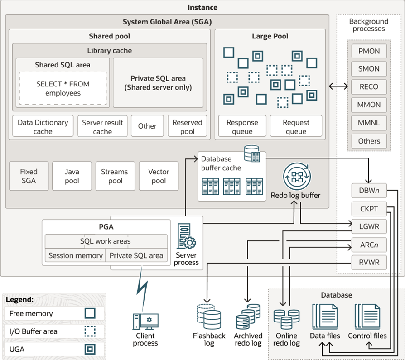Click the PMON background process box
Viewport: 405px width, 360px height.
coord(369,51)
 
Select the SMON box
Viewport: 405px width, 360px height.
coord(369,69)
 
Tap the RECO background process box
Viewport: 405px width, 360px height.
coord(369,87)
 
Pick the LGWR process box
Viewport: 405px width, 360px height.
coord(369,226)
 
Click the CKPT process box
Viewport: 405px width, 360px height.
coord(369,209)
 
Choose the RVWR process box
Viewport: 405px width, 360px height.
coord(369,262)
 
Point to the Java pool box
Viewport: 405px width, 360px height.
coord(72,176)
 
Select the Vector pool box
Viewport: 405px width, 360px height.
coord(159,176)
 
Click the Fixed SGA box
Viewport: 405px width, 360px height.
coord(29,176)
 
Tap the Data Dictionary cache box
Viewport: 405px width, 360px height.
coord(43,126)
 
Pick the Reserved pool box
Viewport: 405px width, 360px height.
coord(187,126)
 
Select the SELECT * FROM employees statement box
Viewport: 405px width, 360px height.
coord(63,88)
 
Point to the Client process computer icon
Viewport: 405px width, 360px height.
coord(145,321)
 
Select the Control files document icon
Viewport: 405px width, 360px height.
coord(367,317)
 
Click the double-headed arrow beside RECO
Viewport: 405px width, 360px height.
coord(337,86)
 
